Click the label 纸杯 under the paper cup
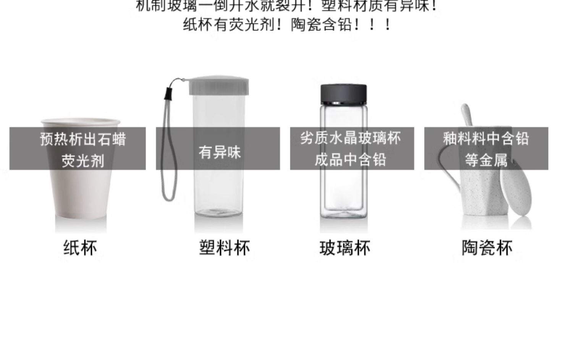coord(80,248)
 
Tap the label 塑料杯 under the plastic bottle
coord(224,248)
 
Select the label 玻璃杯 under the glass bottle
coord(345,248)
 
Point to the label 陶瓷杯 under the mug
coord(487,248)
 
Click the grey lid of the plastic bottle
coord(219,86)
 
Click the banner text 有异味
coord(219,152)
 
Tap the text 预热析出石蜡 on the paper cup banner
coord(83,139)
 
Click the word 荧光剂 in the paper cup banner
coord(83,161)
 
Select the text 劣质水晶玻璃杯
coord(350,138)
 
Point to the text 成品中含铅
coord(350,160)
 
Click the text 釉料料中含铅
coord(486,138)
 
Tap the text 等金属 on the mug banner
coord(486,160)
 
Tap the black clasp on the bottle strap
coord(168,92)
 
